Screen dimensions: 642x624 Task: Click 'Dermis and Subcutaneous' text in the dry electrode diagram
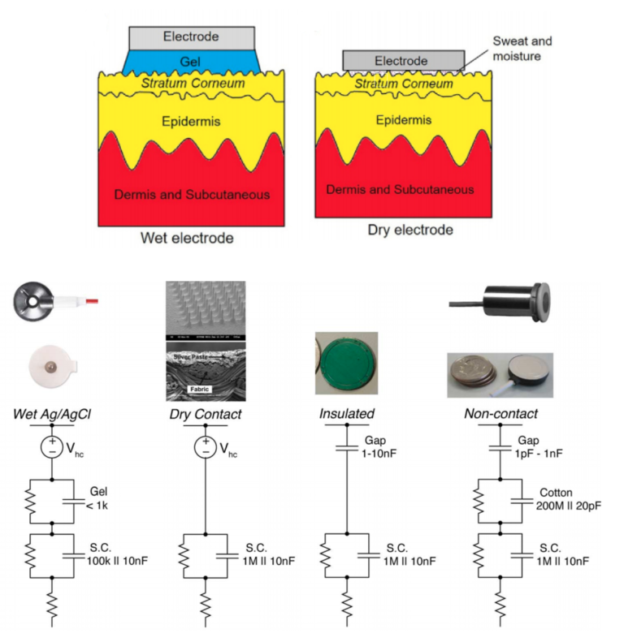400,189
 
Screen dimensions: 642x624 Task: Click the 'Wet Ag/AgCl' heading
50,413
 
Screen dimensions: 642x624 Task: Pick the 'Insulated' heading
346,413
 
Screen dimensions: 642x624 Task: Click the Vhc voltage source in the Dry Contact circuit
206,447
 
